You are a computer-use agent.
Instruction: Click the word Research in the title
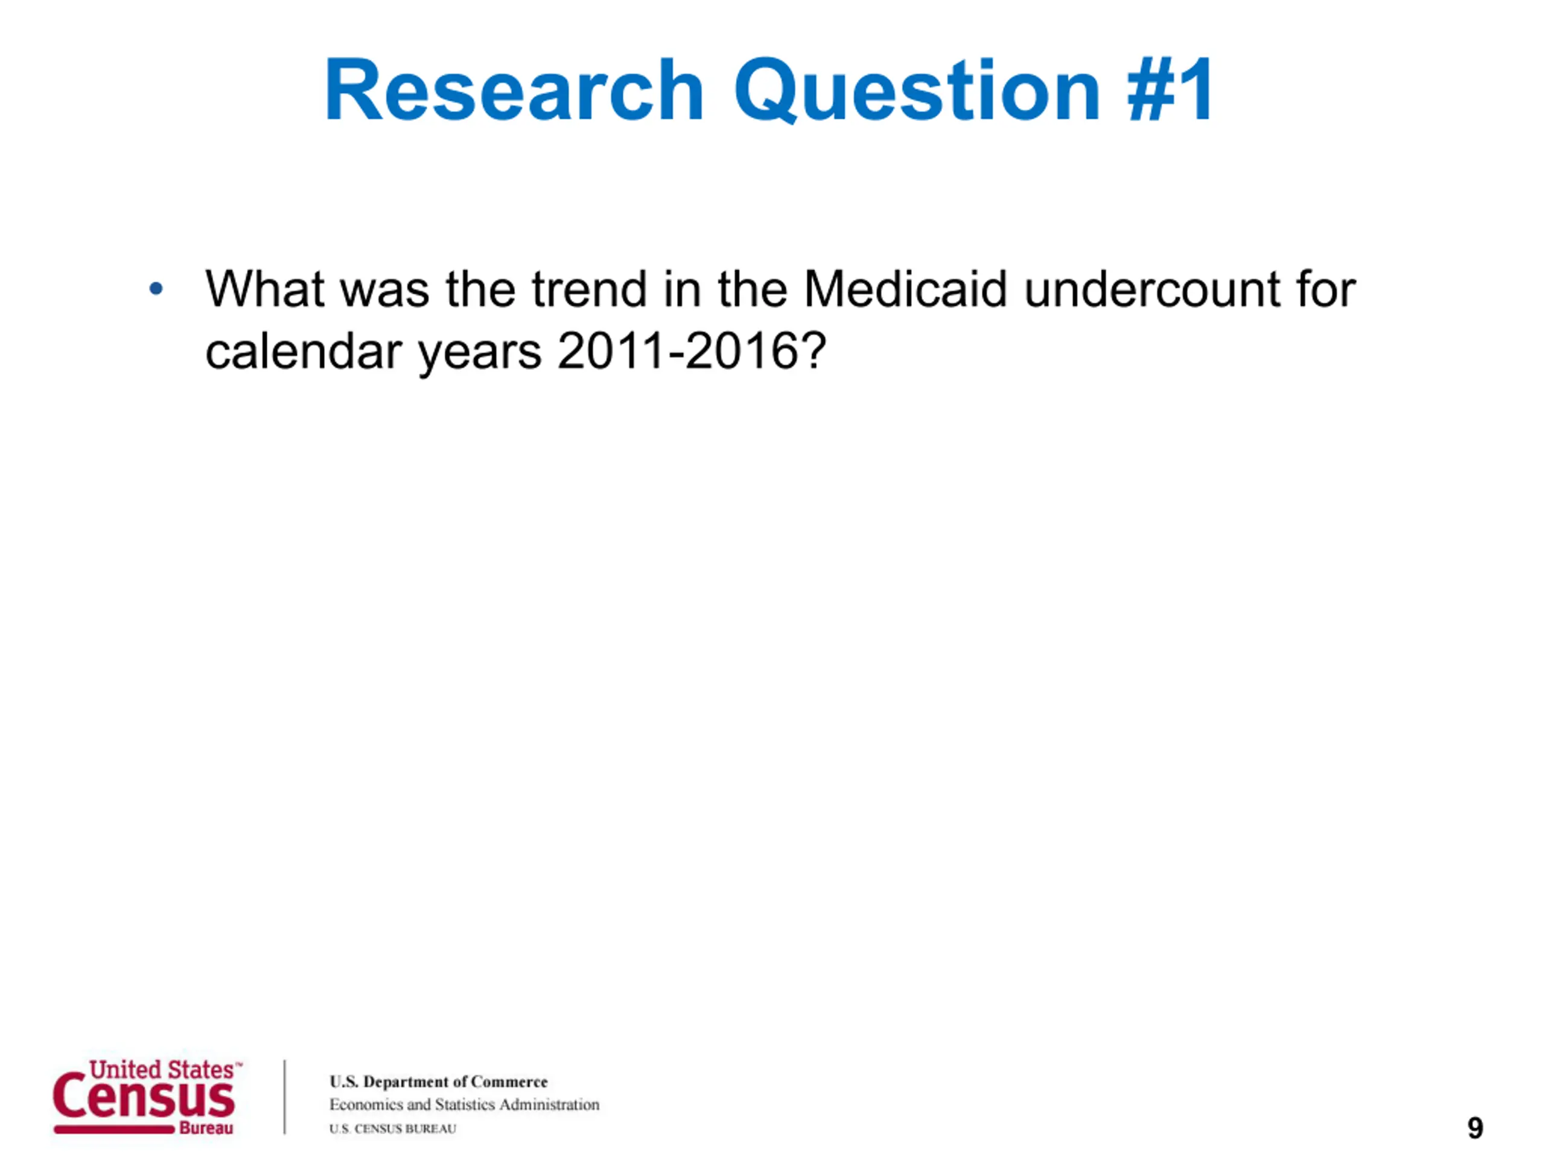click(514, 90)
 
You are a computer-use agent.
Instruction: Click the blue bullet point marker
click(156, 288)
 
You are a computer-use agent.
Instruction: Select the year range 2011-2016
click(678, 350)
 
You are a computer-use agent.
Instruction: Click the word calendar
click(303, 350)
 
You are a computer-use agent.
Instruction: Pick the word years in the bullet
click(480, 355)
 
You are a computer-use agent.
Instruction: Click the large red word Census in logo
click(144, 1096)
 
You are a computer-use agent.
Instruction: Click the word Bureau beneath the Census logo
click(206, 1128)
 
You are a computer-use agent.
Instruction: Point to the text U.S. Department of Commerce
click(439, 1081)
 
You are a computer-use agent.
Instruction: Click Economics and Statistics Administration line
click(465, 1104)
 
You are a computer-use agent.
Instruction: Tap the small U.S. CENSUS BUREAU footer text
click(392, 1128)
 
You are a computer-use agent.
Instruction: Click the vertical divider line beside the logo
click(285, 1096)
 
